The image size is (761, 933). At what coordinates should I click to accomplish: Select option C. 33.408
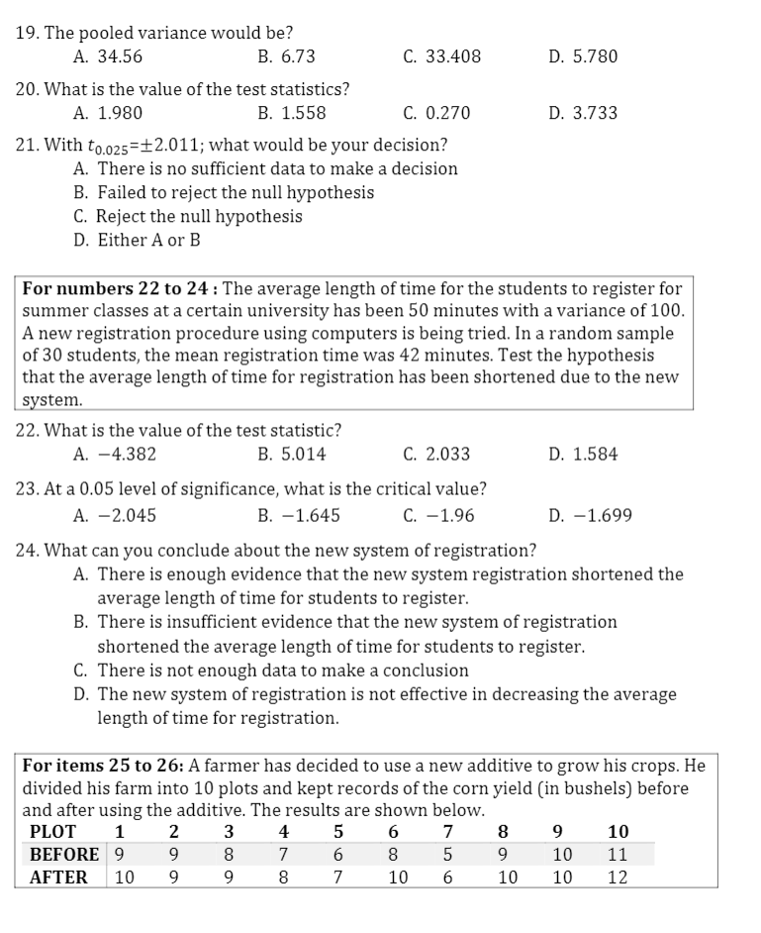coord(441,56)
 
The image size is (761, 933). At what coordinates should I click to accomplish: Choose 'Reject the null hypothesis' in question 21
coord(188,216)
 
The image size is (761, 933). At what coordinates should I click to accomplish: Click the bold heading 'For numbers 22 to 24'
coord(120,289)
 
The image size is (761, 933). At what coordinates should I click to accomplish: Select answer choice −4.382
coord(115,455)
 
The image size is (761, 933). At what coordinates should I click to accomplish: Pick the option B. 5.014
coord(291,455)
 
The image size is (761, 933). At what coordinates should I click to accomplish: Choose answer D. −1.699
coord(590,516)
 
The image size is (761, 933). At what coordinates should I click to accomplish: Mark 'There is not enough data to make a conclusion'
coord(271,671)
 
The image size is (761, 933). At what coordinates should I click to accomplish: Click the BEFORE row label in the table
coord(64,854)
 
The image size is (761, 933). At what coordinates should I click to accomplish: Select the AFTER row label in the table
coord(58,877)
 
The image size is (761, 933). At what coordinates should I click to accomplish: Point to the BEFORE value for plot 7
coord(448,854)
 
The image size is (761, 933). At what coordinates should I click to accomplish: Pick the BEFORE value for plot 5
coord(337,854)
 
